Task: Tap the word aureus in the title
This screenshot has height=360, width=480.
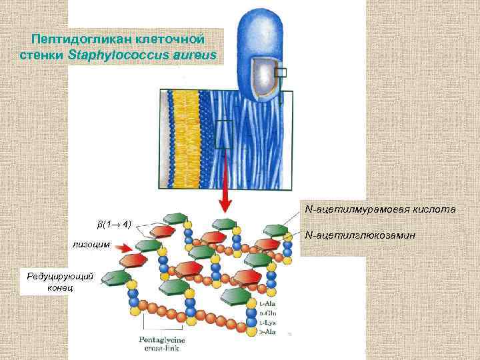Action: coord(197,55)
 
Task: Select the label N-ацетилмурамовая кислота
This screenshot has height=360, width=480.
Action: coord(380,209)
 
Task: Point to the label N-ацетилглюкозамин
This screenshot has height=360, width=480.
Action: coord(360,235)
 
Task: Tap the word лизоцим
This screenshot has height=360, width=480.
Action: coord(92,245)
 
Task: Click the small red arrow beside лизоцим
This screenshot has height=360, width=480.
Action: coord(123,247)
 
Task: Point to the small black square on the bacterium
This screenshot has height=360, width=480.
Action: coord(281,73)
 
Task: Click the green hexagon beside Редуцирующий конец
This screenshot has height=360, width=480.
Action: coord(117,279)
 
